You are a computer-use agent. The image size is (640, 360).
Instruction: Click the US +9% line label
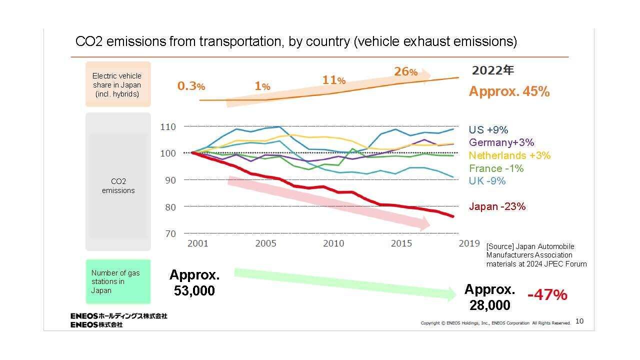click(x=488, y=130)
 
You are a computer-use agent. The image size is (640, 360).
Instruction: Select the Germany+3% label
click(x=501, y=143)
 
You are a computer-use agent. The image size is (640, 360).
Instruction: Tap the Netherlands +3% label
click(x=509, y=155)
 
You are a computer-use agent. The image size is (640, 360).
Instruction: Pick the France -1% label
click(x=496, y=168)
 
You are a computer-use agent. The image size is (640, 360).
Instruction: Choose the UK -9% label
click(x=487, y=181)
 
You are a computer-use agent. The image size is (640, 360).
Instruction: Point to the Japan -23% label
click(x=497, y=206)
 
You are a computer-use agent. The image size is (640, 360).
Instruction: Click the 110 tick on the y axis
click(x=168, y=127)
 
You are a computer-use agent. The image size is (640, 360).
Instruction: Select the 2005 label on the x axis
click(x=265, y=243)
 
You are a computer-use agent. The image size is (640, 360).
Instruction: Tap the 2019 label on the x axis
click(x=469, y=243)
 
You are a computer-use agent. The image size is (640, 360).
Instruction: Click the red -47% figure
click(x=547, y=295)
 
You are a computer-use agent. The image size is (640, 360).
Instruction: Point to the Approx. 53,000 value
click(x=194, y=282)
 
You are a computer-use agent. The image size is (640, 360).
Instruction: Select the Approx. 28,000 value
click(x=489, y=297)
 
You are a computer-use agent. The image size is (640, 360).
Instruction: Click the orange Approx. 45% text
click(x=509, y=91)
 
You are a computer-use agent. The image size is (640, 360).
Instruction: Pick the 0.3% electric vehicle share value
click(x=191, y=86)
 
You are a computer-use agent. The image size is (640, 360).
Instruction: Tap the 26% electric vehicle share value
click(x=405, y=71)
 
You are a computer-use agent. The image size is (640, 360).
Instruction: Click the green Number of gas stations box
click(x=118, y=281)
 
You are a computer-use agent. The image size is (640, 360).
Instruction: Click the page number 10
click(x=579, y=321)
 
